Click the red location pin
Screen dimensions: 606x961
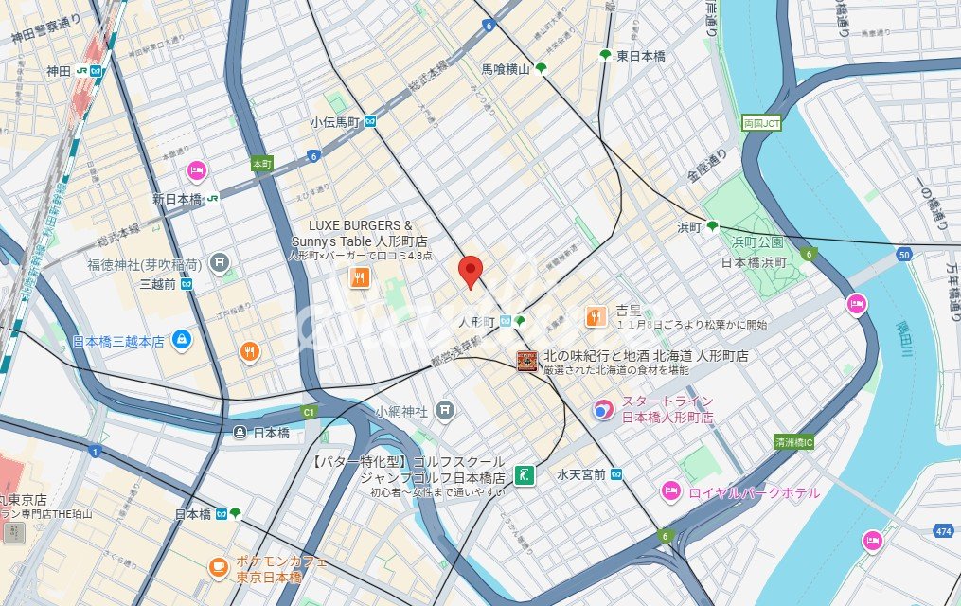coord(471,271)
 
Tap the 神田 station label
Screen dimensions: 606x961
coord(59,71)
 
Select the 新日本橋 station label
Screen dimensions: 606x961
coord(177,199)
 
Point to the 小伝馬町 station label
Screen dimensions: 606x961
coord(336,122)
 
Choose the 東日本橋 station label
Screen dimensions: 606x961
coord(641,56)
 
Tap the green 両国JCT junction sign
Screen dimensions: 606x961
coord(760,123)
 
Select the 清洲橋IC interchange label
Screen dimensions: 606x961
coord(794,441)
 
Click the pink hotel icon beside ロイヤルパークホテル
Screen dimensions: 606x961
coord(670,491)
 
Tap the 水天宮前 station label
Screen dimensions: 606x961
coord(580,474)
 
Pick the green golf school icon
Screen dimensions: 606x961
coord(523,475)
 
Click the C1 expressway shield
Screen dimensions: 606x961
coord(308,413)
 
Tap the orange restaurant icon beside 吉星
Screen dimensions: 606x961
coord(595,316)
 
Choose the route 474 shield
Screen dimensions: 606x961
coord(942,533)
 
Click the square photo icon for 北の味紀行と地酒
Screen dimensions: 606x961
coord(526,361)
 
